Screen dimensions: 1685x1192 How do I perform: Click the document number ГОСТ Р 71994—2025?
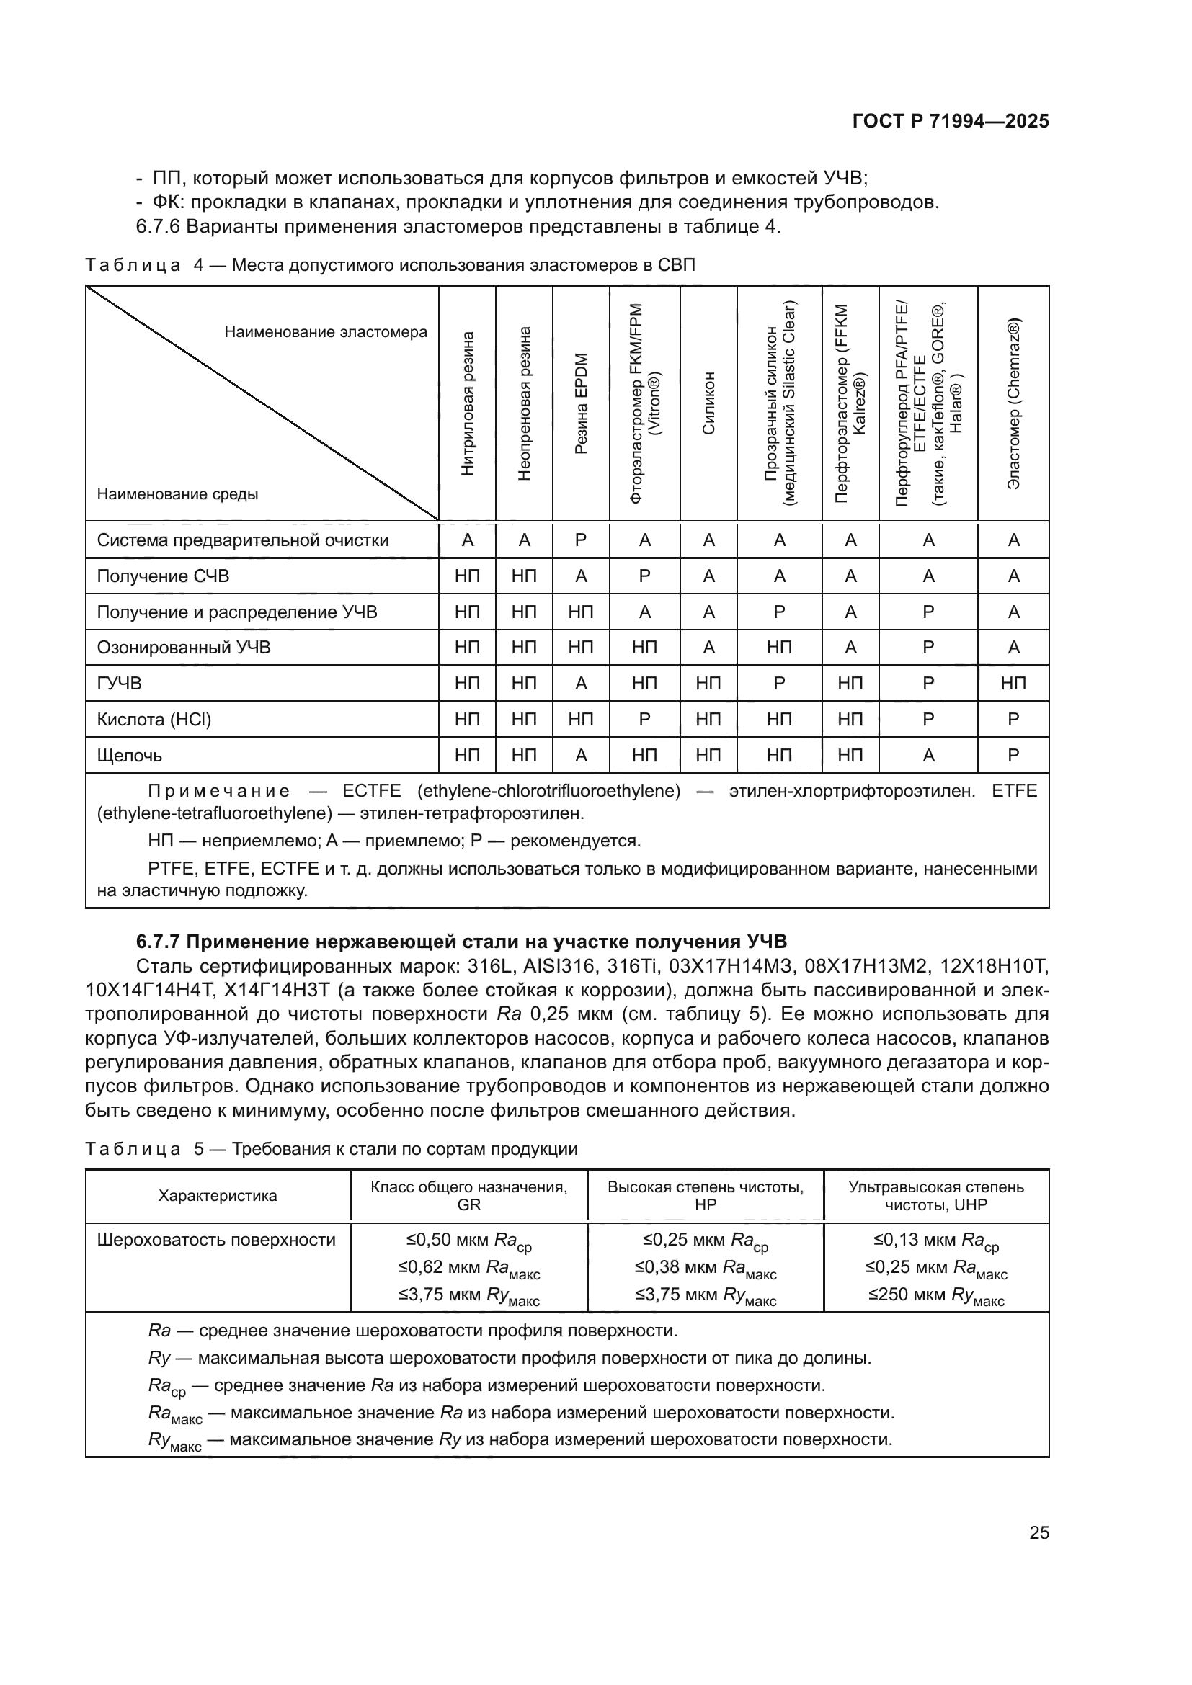(x=951, y=122)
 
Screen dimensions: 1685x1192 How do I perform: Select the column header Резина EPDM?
(x=581, y=404)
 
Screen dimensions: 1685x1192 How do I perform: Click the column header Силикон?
(x=708, y=404)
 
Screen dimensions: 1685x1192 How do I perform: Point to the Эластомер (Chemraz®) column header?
(x=1014, y=404)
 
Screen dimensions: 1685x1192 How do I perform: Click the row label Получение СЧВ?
(x=163, y=576)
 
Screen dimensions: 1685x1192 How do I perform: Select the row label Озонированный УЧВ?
(x=184, y=648)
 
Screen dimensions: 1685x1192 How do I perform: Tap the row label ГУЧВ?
(x=120, y=684)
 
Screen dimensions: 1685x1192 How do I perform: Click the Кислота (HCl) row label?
(x=154, y=720)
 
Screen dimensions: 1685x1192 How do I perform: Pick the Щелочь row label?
(x=130, y=756)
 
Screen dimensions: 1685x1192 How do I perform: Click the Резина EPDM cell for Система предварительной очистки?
(x=581, y=541)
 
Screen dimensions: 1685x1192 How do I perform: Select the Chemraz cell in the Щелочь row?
(x=1014, y=756)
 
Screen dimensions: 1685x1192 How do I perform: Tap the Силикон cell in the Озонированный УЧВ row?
(x=708, y=648)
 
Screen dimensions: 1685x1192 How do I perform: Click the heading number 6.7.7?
(x=162, y=942)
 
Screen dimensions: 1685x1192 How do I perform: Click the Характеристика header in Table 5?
(x=217, y=1197)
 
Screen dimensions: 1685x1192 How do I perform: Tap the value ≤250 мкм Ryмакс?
(x=936, y=1296)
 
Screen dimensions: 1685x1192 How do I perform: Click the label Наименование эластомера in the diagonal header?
(x=325, y=332)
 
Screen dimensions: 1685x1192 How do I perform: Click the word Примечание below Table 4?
(x=219, y=791)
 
